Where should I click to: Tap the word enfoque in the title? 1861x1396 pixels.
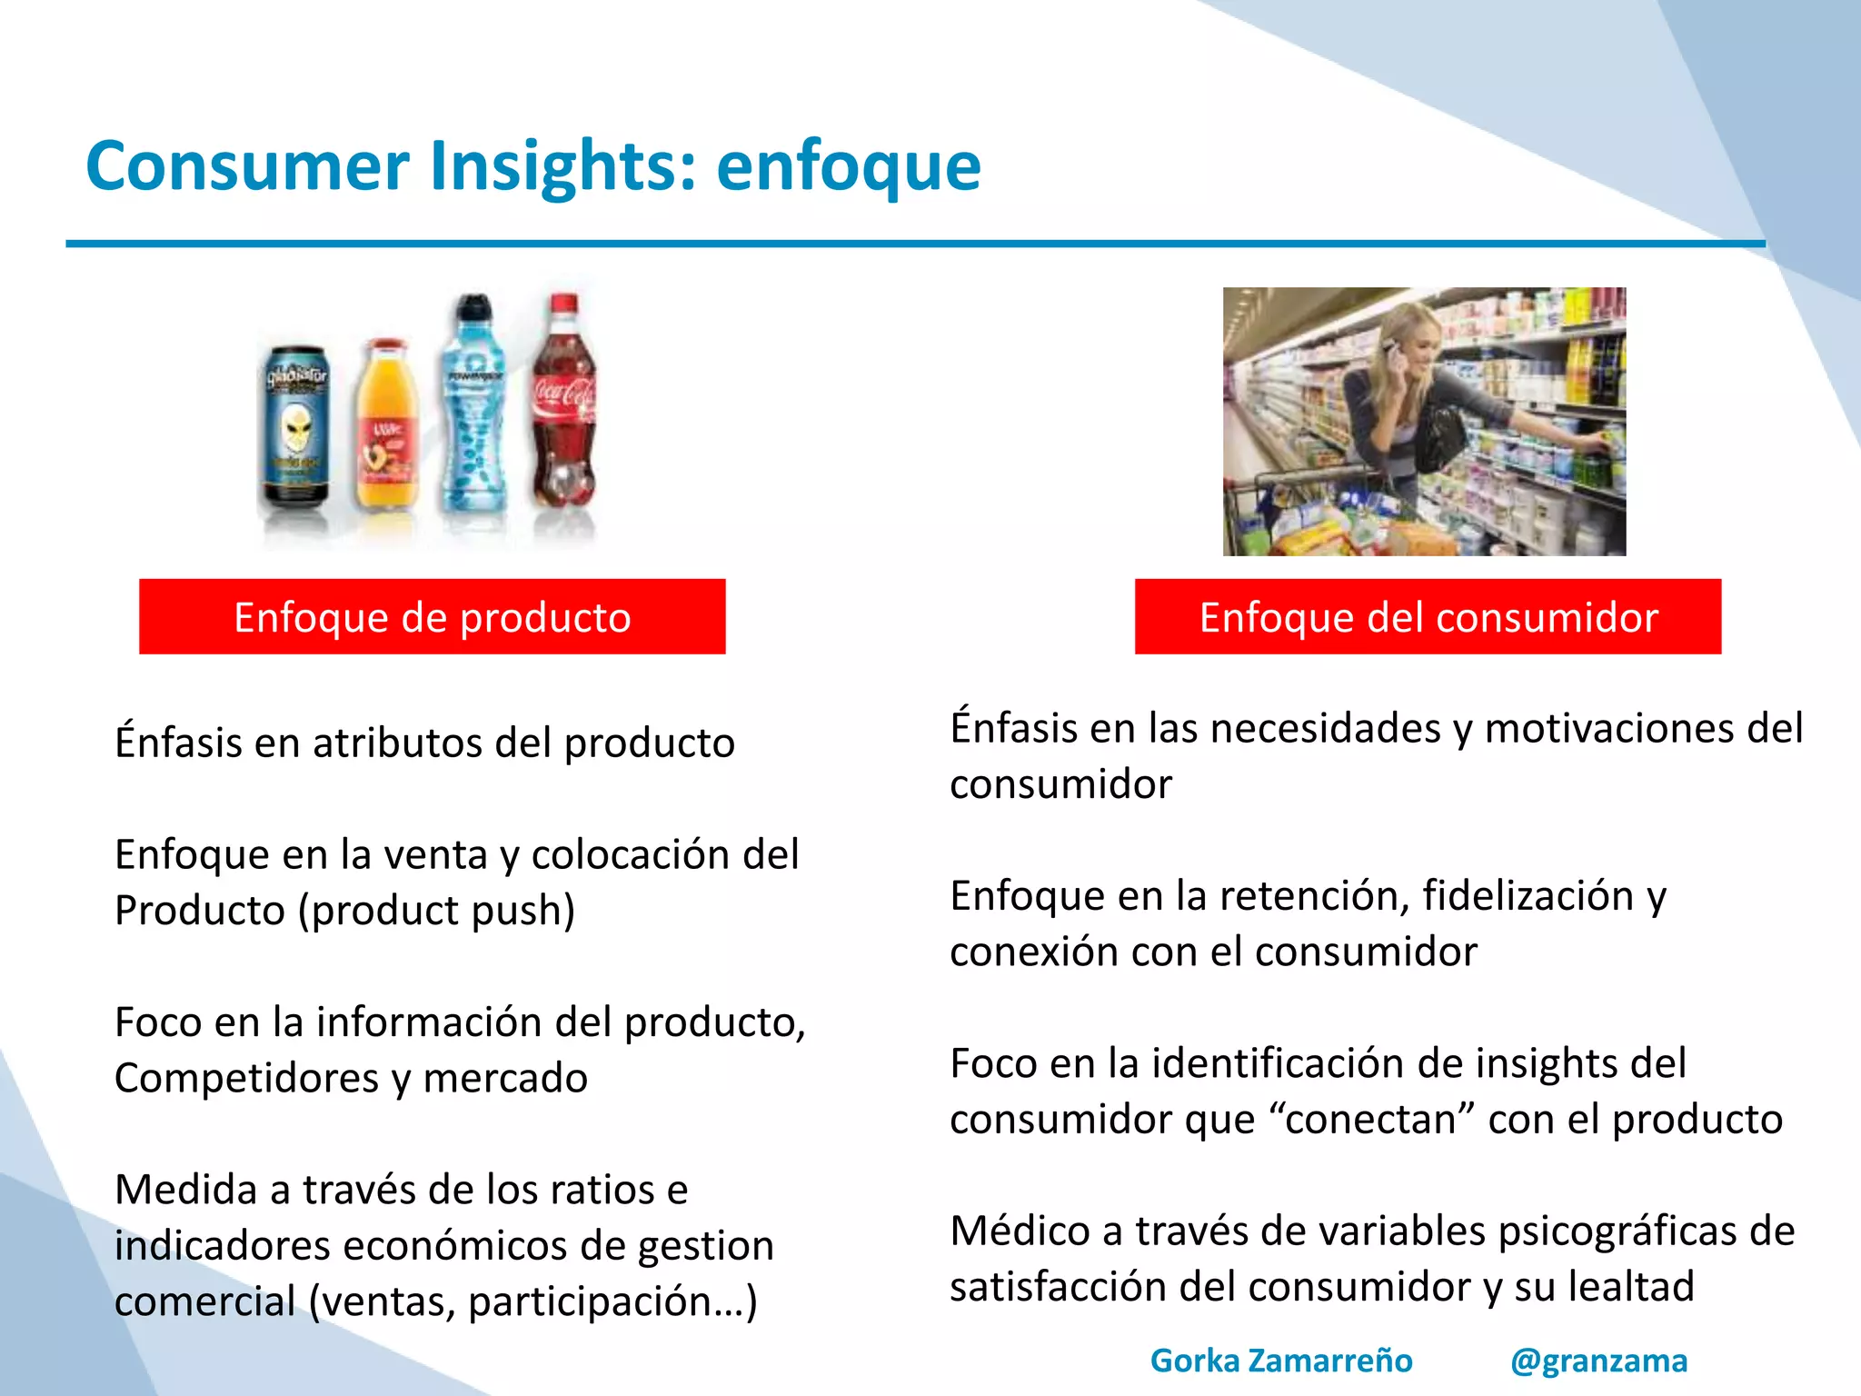pos(849,166)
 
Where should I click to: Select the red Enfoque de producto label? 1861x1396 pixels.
pos(432,617)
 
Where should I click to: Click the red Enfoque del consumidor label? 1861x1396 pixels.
pos(1428,617)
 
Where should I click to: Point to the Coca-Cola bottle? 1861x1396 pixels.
pos(564,409)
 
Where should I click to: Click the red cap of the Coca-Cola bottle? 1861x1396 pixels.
pos(564,303)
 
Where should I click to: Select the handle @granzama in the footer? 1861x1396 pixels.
pos(1598,1361)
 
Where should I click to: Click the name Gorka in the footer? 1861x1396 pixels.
pos(1195,1361)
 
